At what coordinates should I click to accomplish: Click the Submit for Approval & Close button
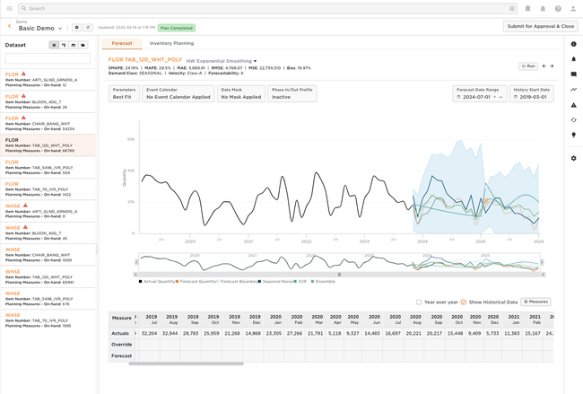(541, 26)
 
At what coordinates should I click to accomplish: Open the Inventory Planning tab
(171, 43)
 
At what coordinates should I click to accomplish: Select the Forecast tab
(122, 43)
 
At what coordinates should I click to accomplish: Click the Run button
(527, 66)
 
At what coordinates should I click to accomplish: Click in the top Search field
(269, 8)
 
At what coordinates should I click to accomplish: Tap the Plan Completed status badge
(177, 28)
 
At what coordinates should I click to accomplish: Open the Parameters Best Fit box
(125, 93)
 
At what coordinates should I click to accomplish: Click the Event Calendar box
(178, 93)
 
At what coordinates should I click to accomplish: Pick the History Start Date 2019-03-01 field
(532, 93)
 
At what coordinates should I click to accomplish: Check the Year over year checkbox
(419, 302)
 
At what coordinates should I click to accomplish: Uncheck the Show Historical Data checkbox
(464, 302)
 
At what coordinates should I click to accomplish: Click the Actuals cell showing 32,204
(150, 333)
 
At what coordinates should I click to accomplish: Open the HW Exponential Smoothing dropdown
(222, 61)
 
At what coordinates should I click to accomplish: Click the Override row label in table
(121, 344)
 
